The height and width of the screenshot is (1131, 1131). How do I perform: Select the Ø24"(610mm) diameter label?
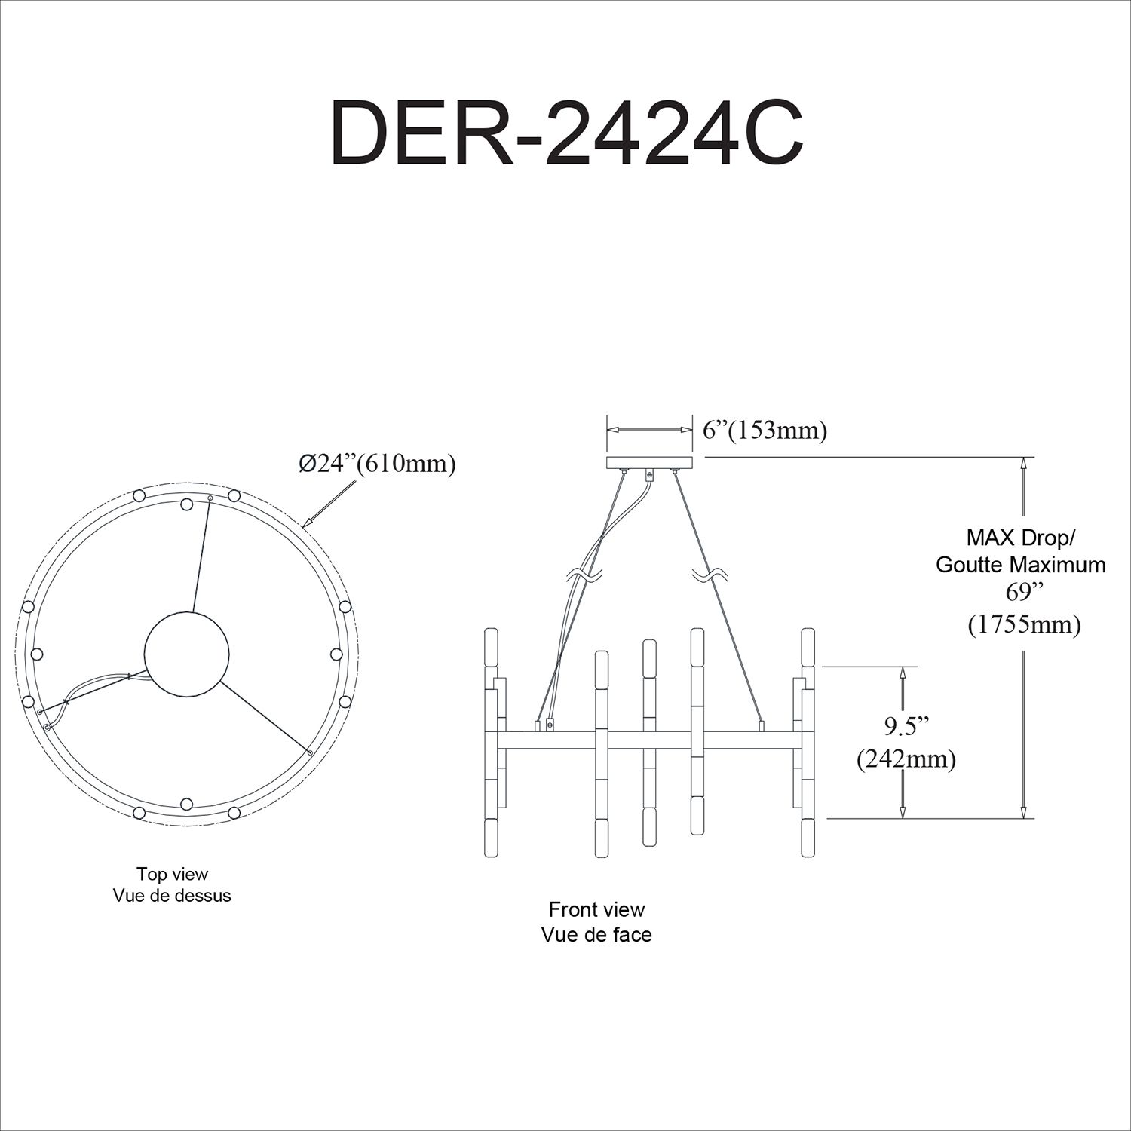(x=377, y=464)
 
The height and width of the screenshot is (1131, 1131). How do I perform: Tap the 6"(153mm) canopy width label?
(x=765, y=431)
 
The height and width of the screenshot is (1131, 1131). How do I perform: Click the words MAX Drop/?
(x=1021, y=538)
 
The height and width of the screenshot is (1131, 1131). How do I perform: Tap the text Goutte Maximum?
(x=1021, y=565)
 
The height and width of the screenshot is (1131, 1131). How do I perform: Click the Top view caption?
(x=172, y=874)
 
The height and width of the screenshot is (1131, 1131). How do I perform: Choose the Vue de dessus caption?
(x=172, y=896)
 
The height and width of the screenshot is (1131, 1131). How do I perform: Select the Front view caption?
(x=596, y=909)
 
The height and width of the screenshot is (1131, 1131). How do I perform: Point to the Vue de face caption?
(x=596, y=935)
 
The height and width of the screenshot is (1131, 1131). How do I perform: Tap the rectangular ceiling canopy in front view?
(x=649, y=463)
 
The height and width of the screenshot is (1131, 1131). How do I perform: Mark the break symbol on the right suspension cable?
(x=709, y=576)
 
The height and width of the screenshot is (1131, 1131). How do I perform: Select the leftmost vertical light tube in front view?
(x=492, y=743)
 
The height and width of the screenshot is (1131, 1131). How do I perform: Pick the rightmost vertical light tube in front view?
(x=808, y=743)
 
